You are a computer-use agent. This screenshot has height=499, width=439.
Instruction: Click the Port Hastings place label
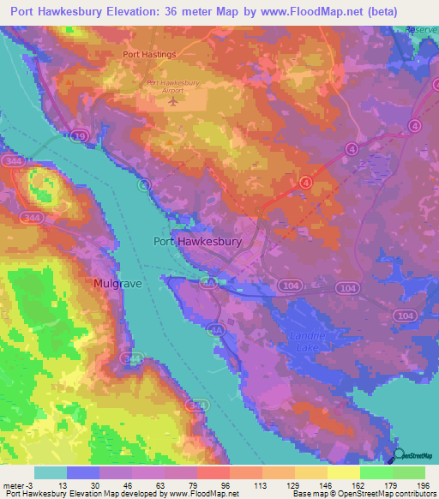pyautogui.click(x=149, y=54)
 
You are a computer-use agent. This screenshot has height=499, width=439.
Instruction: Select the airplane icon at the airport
pyautogui.click(x=175, y=101)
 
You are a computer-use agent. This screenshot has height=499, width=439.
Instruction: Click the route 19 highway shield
pyautogui.click(x=80, y=135)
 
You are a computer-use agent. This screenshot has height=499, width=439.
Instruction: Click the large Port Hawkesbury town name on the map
pyautogui.click(x=197, y=242)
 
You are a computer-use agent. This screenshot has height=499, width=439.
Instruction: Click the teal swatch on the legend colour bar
pyautogui.click(x=51, y=472)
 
